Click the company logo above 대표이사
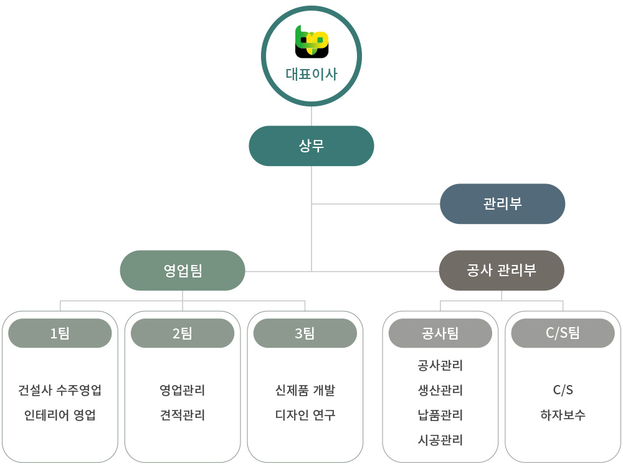pyautogui.click(x=311, y=42)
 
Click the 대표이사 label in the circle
pyautogui.click(x=311, y=75)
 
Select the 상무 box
pyautogui.click(x=311, y=146)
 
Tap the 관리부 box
pyautogui.click(x=502, y=204)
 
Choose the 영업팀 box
pyautogui.click(x=183, y=271)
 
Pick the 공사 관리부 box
pyautogui.click(x=502, y=271)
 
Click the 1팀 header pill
pyautogui.click(x=60, y=333)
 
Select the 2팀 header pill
pyautogui.click(x=183, y=333)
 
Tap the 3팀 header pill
pyautogui.click(x=305, y=333)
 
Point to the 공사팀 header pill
pyautogui.click(x=440, y=333)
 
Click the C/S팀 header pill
pyautogui.click(x=563, y=333)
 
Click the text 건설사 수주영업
pyautogui.click(x=60, y=391)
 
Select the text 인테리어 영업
pyautogui.click(x=60, y=416)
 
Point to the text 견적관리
pyautogui.click(x=183, y=416)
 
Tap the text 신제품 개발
pyautogui.click(x=305, y=391)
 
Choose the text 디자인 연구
pyautogui.click(x=305, y=416)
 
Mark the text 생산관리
pyautogui.click(x=440, y=391)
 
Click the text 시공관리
pyautogui.click(x=440, y=440)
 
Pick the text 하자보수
pyautogui.click(x=563, y=416)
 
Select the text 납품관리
pyautogui.click(x=440, y=416)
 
